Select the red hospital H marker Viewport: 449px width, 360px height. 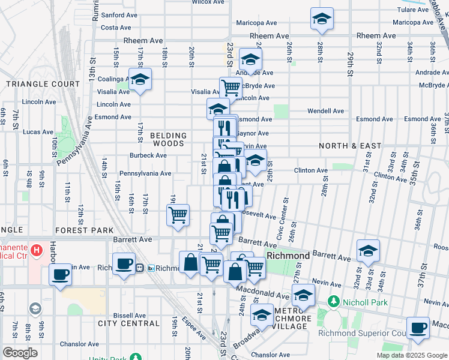[x=37, y=249]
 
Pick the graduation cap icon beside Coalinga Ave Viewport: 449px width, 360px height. [x=140, y=80]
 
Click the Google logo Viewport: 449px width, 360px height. [x=20, y=353]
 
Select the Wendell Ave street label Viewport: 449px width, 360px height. [x=325, y=111]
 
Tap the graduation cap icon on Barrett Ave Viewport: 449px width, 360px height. [x=368, y=250]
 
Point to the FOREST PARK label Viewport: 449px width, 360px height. [x=92, y=230]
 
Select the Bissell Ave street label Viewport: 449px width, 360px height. [x=130, y=315]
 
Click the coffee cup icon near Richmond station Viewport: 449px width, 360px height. [x=124, y=263]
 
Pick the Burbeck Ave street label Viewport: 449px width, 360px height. [x=148, y=155]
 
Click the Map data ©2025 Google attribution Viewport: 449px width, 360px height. [x=411, y=355]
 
